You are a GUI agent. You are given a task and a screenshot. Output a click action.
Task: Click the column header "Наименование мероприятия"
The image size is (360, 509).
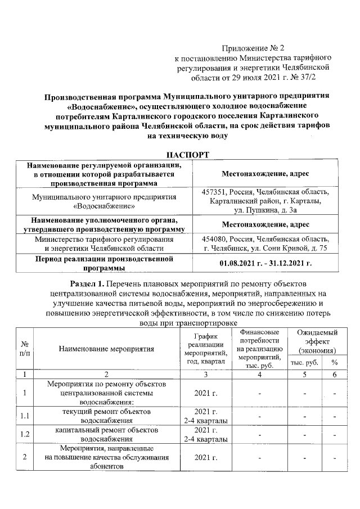click(x=106, y=348)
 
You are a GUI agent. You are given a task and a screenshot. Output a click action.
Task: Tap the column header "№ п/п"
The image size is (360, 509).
click(x=25, y=348)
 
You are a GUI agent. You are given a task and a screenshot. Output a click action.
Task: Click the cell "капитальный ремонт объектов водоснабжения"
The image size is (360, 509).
click(x=106, y=435)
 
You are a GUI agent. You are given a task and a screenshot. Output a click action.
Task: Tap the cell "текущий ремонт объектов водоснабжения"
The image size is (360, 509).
click(x=106, y=416)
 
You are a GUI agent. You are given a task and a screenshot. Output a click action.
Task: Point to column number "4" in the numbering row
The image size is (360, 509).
click(x=259, y=374)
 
